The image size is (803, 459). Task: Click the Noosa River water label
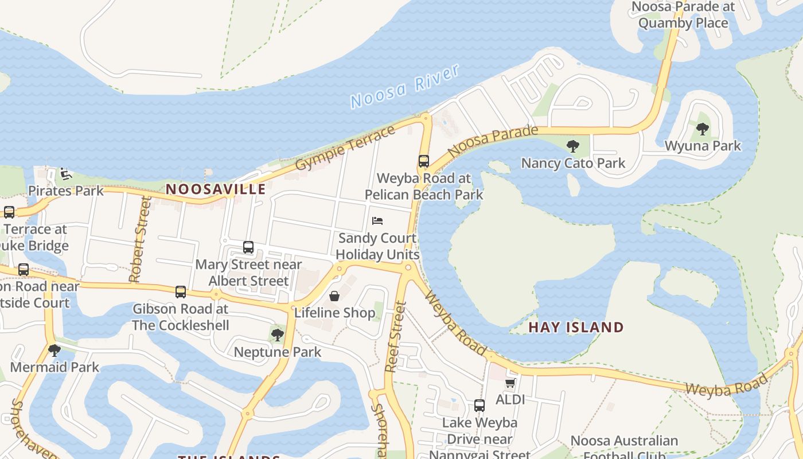(x=405, y=86)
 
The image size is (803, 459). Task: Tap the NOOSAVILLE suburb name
(x=216, y=189)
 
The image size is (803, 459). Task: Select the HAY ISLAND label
(x=576, y=327)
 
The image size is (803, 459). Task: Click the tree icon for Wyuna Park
(x=703, y=129)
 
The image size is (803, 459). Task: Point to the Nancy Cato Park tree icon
(x=572, y=146)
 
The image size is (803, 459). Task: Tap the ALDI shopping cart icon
(x=510, y=383)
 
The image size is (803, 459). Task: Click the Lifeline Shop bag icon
(x=334, y=296)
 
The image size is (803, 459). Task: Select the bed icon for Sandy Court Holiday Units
(x=377, y=221)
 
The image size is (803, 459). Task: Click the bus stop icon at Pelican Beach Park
(x=424, y=161)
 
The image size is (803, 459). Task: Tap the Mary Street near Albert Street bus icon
(x=248, y=247)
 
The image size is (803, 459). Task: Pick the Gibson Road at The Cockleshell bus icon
(x=181, y=292)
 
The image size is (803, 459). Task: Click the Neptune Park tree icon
(x=278, y=335)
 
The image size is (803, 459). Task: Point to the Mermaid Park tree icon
(x=54, y=350)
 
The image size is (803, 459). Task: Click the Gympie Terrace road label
(x=345, y=147)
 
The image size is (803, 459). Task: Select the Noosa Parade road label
(x=493, y=141)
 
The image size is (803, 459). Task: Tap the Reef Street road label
(x=395, y=337)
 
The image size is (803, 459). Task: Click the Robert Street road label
(x=139, y=239)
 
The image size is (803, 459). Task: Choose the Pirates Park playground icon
(x=66, y=173)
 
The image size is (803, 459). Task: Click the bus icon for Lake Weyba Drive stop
(x=480, y=406)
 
